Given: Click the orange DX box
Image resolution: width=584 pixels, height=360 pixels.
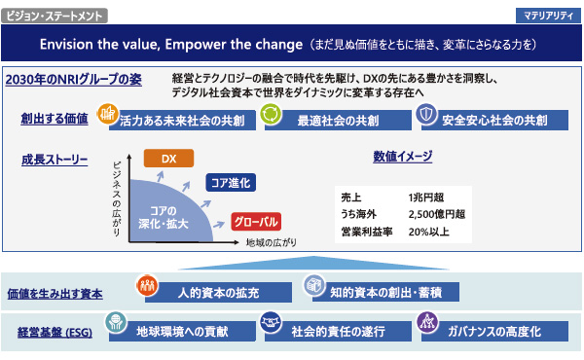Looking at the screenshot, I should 168,159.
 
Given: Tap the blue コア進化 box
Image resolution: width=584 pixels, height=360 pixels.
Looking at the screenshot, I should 231,182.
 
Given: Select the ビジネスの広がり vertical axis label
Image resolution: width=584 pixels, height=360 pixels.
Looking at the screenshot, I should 117,194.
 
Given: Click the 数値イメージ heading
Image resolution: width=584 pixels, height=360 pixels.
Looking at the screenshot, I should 403,157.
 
